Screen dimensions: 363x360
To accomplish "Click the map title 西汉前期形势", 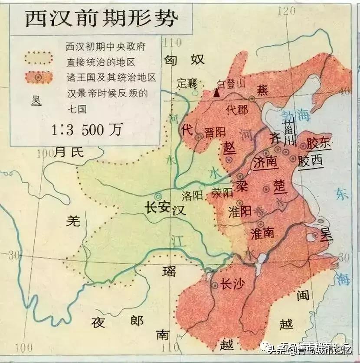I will pyautogui.click(x=101, y=19).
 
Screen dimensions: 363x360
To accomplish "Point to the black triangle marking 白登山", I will pyautogui.click(x=216, y=93).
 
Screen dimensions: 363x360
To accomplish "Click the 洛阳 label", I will pyautogui.click(x=193, y=195).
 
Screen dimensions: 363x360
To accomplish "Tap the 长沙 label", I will pyautogui.click(x=232, y=284).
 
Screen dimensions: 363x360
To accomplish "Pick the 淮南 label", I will pyautogui.click(x=262, y=233).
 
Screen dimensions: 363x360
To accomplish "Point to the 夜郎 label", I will pyautogui.click(x=117, y=321).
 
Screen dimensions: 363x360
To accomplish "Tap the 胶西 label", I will pyautogui.click(x=311, y=161).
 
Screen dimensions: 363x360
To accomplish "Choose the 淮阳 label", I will pyautogui.click(x=239, y=211).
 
